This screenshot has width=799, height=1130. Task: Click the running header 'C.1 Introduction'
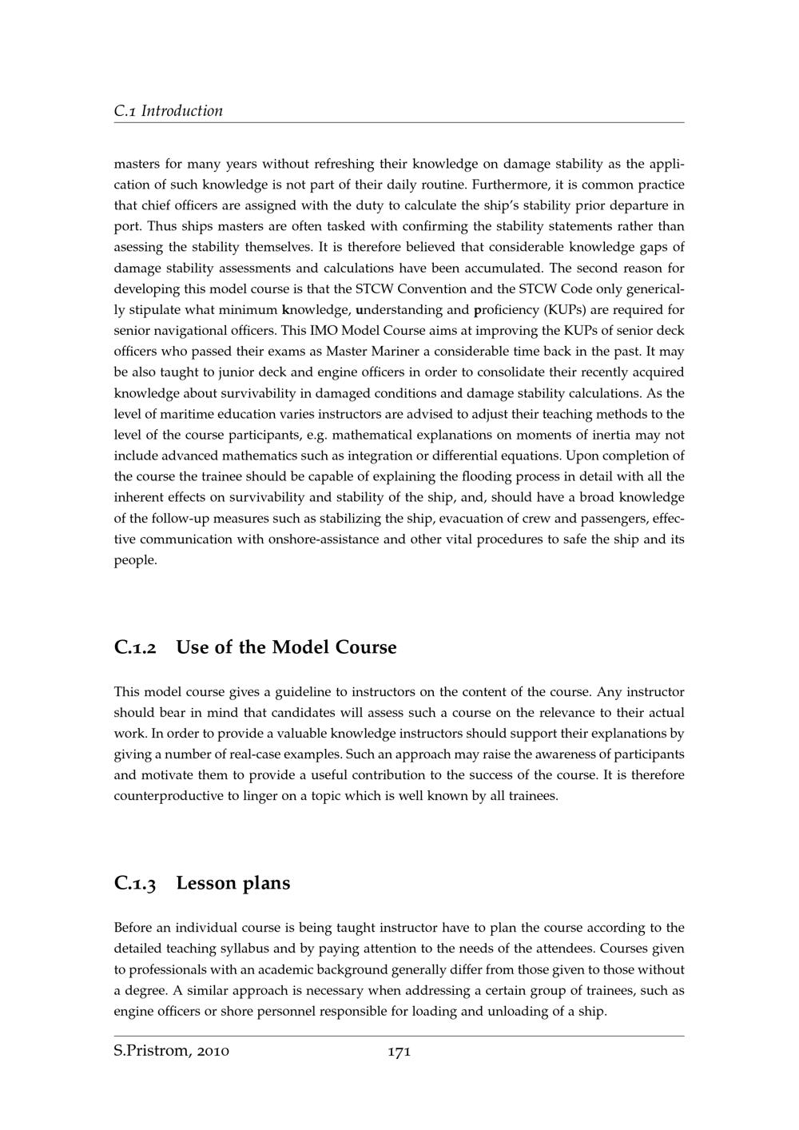pyautogui.click(x=169, y=111)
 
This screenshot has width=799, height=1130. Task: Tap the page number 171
pyautogui.click(x=399, y=1052)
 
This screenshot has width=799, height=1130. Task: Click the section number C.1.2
pyautogui.click(x=135, y=647)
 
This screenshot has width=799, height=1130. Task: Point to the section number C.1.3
pyautogui.click(x=135, y=884)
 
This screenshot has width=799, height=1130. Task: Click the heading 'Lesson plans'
pyautogui.click(x=233, y=884)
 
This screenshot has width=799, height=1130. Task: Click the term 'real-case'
pyautogui.click(x=271, y=755)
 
